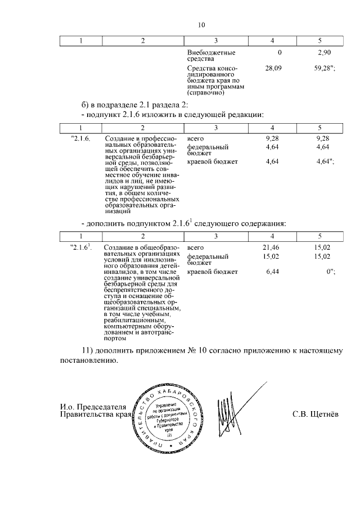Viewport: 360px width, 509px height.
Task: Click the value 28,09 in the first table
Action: tap(273, 69)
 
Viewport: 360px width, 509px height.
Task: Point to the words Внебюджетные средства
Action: tap(211, 55)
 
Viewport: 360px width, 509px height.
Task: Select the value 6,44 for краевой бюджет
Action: tap(272, 272)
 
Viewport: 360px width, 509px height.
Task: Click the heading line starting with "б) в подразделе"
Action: tap(138, 104)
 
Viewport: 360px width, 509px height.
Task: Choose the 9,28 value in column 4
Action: tap(272, 138)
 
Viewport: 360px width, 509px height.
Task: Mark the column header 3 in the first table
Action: tap(216, 40)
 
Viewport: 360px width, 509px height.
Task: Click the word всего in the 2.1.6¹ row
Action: tap(195, 247)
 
